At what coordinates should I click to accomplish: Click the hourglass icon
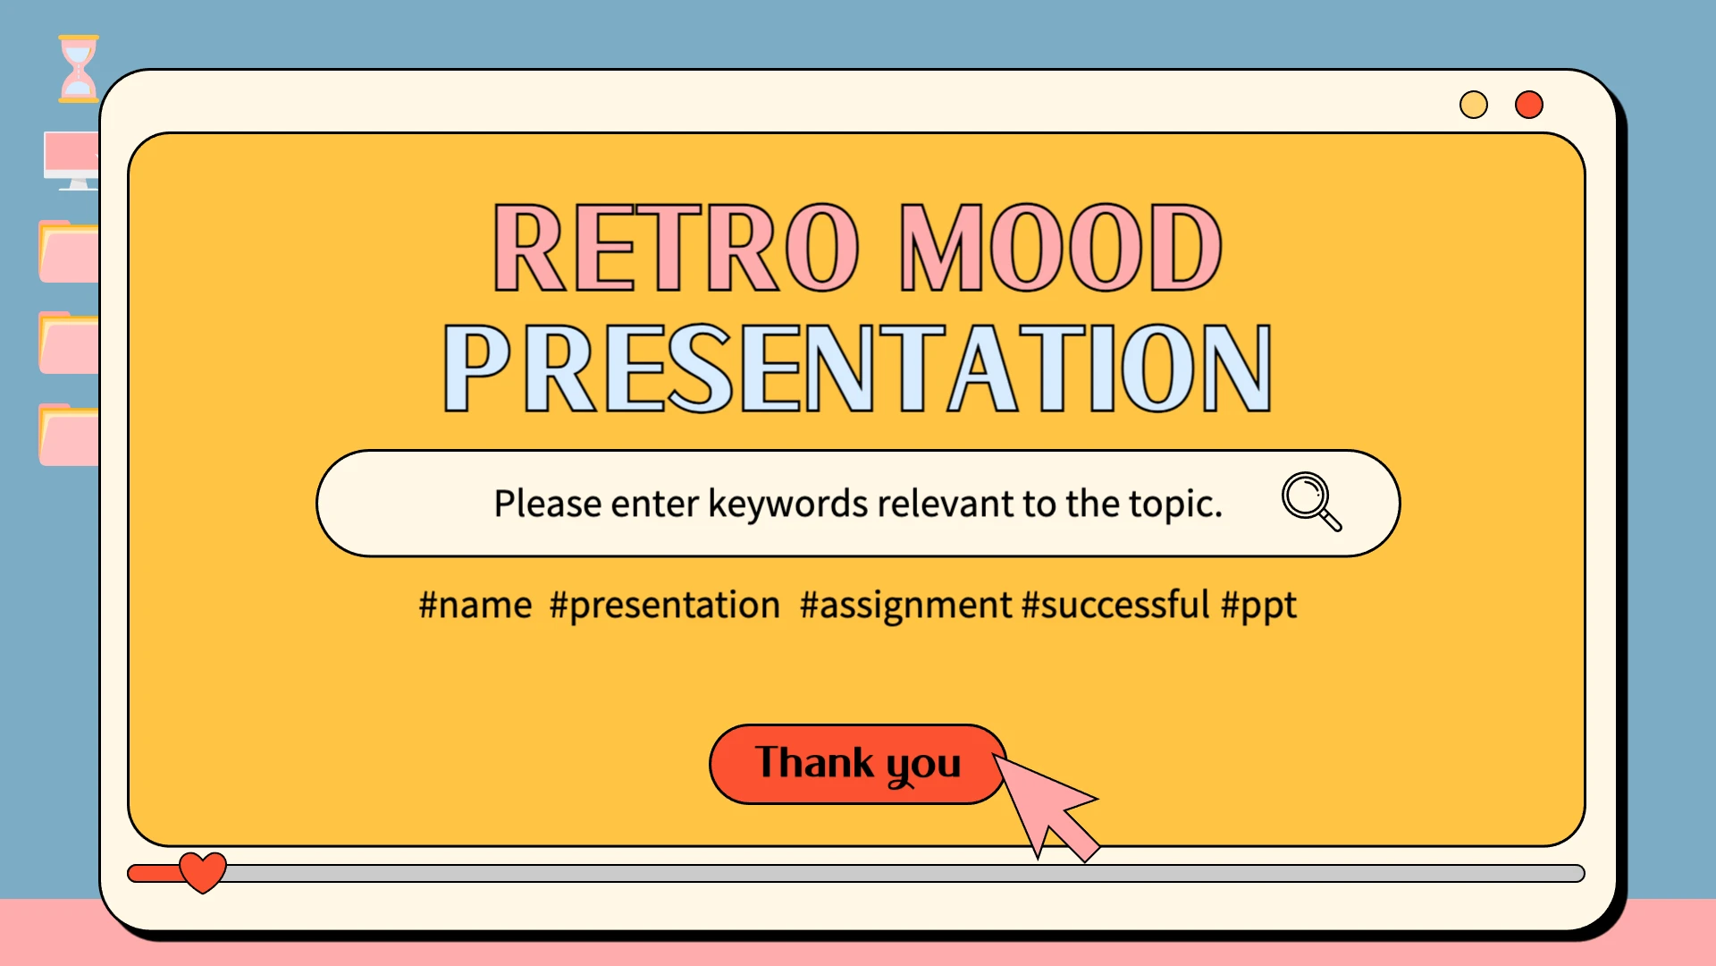coord(78,69)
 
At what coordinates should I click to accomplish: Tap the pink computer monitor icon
coord(71,160)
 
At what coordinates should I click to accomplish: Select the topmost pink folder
coord(69,252)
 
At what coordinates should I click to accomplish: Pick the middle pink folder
coord(69,343)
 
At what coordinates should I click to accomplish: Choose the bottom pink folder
coord(69,436)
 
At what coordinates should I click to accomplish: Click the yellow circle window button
coord(1474,105)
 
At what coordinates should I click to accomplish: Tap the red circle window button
coord(1529,105)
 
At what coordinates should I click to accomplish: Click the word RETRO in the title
coord(677,248)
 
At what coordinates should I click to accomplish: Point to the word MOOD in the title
coord(1060,248)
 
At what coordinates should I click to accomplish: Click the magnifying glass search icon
coord(1311,501)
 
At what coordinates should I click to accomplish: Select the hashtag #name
coord(475,606)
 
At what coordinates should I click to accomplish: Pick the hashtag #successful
coord(1115,606)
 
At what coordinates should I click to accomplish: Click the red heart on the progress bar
coord(203,872)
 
